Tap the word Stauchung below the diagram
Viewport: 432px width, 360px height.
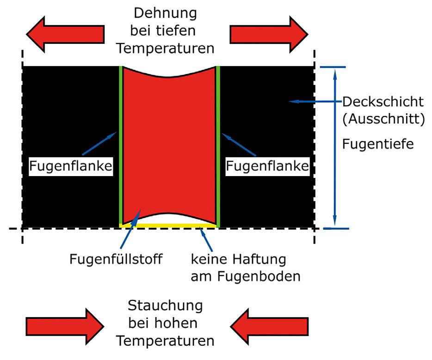[165, 306]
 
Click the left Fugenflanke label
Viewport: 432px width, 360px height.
[71, 166]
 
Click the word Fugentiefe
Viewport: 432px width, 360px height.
[378, 144]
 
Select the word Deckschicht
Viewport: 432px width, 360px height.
[383, 101]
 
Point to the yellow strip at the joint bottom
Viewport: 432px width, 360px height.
[168, 225]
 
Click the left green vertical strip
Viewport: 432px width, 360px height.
[121, 148]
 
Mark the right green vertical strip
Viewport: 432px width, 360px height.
[218, 148]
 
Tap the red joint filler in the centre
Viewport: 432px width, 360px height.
[169, 148]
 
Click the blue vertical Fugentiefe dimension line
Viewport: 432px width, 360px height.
[334, 148]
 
